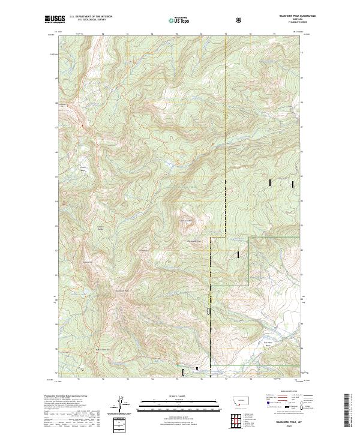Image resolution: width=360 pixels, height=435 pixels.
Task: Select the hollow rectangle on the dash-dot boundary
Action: (x=208, y=311)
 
